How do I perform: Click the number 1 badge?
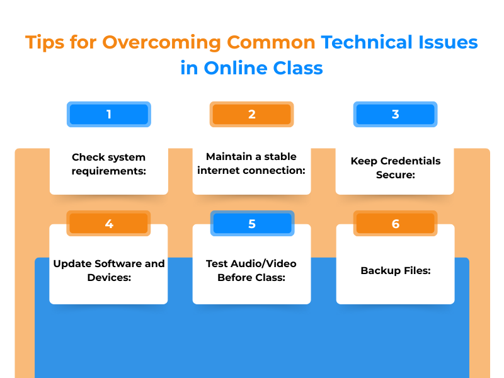point(108,114)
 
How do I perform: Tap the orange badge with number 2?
point(251,114)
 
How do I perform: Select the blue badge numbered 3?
point(395,114)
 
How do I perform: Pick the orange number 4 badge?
point(108,224)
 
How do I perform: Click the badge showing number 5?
point(251,224)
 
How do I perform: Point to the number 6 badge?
point(395,224)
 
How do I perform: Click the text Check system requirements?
point(108,164)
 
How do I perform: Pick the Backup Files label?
point(395,270)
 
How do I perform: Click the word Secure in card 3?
point(395,175)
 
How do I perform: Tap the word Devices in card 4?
point(108,277)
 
